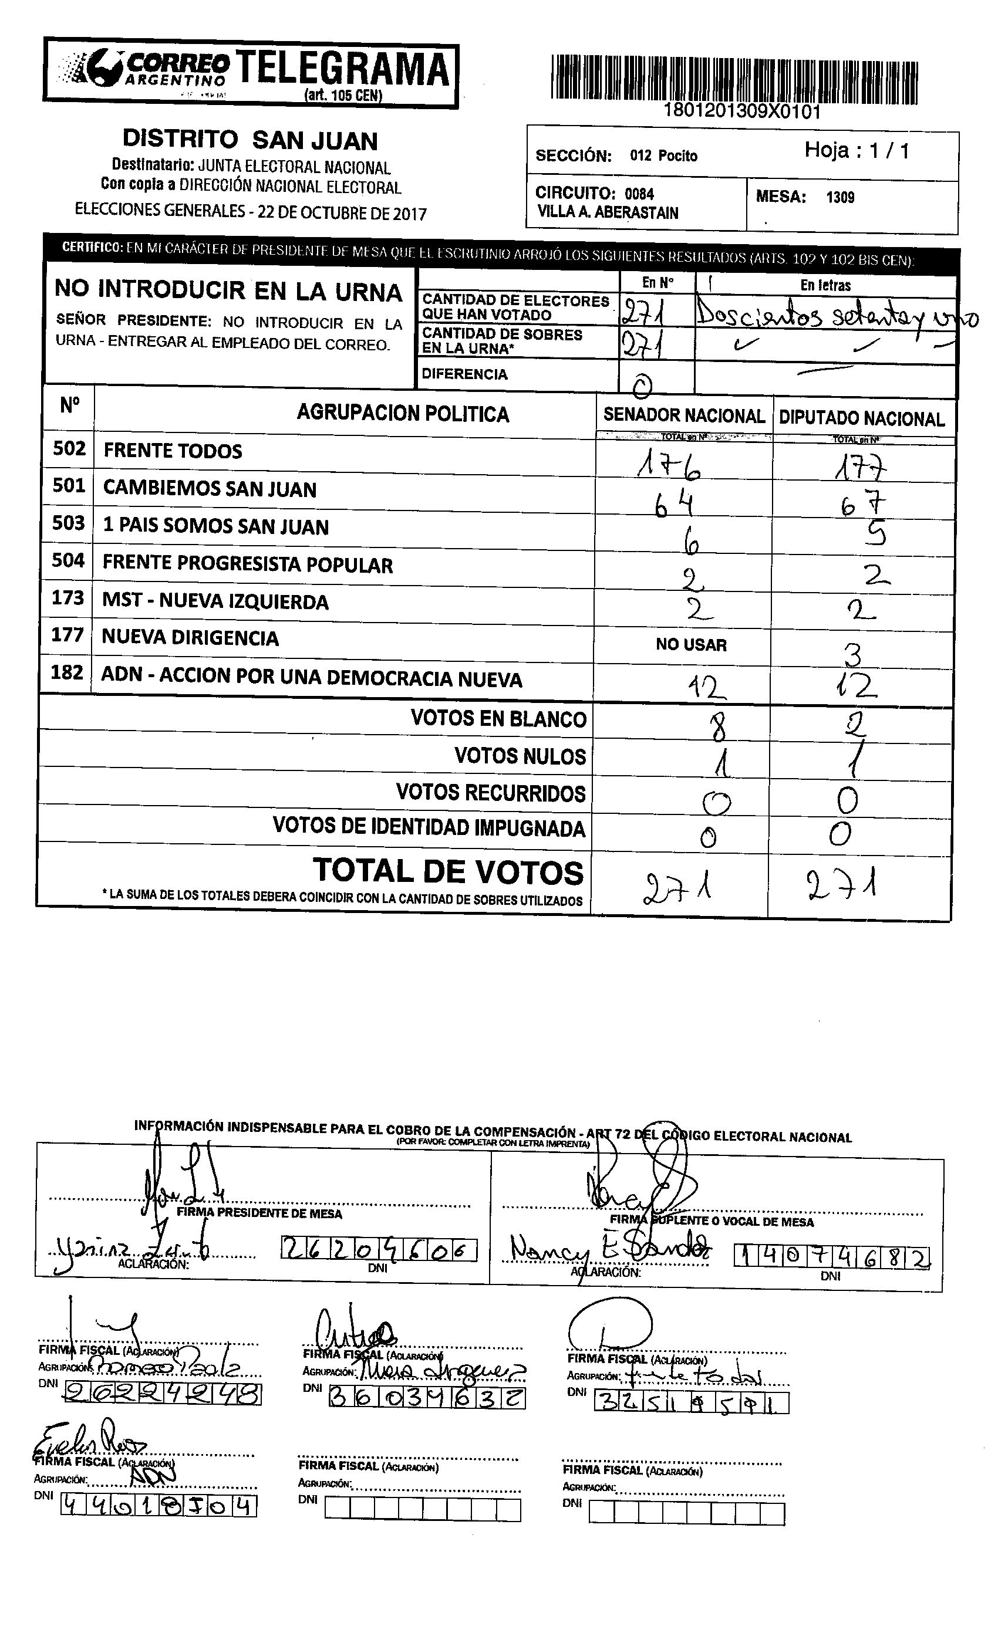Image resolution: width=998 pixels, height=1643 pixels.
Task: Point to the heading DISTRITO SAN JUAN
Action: coord(250,141)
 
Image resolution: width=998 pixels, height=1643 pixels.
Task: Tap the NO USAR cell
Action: coord(691,645)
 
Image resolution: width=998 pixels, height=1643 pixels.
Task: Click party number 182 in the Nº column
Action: coord(68,672)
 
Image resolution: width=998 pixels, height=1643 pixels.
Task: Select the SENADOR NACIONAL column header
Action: coord(684,416)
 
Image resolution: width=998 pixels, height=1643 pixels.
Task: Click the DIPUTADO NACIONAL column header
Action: coord(862,419)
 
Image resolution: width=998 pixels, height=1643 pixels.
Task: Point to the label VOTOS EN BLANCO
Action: coord(498,719)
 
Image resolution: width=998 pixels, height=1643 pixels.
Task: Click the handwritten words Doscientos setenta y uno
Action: coord(834,317)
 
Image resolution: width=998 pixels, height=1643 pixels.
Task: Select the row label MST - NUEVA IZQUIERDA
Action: coord(215,601)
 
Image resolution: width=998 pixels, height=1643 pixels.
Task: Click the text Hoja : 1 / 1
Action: coord(857,151)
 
